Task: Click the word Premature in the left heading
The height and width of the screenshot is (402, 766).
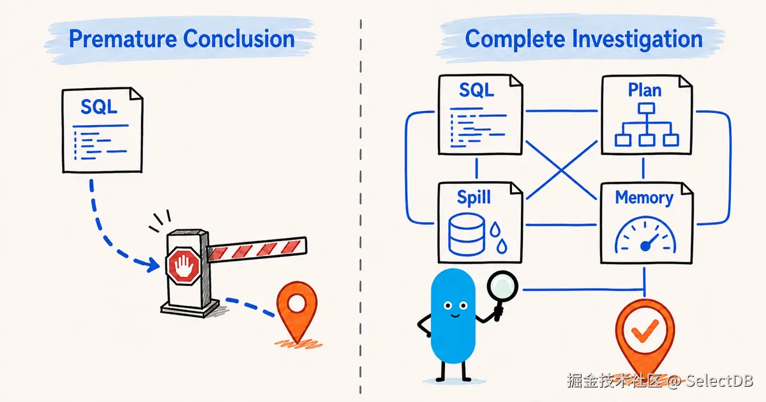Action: pos(123,39)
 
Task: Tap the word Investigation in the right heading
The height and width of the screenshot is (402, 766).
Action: pos(637,40)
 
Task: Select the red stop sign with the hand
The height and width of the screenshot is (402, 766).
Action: pos(183,265)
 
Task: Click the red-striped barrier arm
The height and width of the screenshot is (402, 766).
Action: pos(257,250)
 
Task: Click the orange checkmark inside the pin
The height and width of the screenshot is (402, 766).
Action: pos(645,330)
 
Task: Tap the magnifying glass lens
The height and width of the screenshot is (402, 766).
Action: pos(502,286)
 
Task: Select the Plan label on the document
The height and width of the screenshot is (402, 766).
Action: pos(645,90)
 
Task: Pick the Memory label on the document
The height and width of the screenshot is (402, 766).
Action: pos(644,198)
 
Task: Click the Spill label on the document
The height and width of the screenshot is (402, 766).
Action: pos(474,197)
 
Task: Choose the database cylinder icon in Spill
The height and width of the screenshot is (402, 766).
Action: pos(466,235)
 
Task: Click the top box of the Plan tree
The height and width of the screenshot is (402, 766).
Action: pos(646,108)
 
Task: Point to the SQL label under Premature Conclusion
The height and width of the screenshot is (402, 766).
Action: pos(99,107)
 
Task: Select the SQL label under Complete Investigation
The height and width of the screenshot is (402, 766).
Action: pos(476,90)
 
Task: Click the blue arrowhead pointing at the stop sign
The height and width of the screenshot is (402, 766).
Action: pos(152,264)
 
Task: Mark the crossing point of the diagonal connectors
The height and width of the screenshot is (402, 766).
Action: pos(561,170)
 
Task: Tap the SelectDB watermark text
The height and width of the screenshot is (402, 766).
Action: pos(719,381)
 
